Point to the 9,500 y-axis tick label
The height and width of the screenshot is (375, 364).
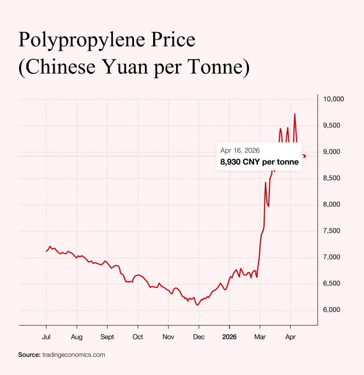coord(331,125)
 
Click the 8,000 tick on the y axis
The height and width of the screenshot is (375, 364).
coord(331,204)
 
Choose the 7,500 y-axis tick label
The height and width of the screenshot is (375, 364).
coord(331,231)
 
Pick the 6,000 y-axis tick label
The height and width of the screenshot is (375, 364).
coord(331,310)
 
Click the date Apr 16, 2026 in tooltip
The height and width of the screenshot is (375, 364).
coord(240,151)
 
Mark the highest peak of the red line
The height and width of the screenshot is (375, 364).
coord(294,114)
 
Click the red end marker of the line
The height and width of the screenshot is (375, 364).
coord(304,156)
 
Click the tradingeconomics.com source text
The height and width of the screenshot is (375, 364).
coord(74,355)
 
